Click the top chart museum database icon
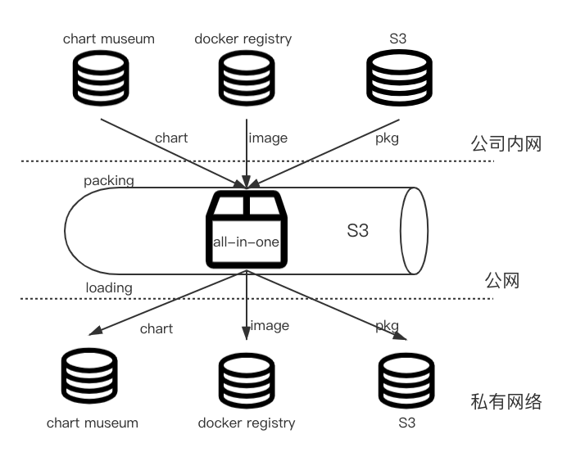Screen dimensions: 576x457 coord(101,78)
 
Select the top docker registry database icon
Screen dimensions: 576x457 coord(247,78)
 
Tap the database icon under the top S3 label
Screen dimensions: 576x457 coord(399,78)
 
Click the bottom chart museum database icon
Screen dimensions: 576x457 coord(89,376)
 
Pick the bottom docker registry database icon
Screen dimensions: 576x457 coord(247,381)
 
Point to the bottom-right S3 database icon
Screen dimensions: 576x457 coord(406,381)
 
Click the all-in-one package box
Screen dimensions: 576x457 coord(247,229)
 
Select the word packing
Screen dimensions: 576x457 coord(109,181)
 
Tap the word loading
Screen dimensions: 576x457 coord(109,287)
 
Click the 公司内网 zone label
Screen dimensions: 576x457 coord(506,143)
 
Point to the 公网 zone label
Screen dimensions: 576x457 coord(501,281)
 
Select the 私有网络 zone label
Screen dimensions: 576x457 coord(506,401)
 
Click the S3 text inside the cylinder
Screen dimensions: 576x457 coord(357,230)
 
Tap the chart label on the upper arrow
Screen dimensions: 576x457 coord(171,138)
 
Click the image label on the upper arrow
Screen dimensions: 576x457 coord(268,138)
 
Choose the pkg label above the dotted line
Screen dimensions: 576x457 coord(388,138)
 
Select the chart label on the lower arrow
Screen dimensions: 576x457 coord(156,329)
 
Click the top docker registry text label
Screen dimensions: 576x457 coord(243,39)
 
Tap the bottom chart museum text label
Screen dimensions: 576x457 coord(93,423)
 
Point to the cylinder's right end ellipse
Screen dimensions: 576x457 coord(414,231)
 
